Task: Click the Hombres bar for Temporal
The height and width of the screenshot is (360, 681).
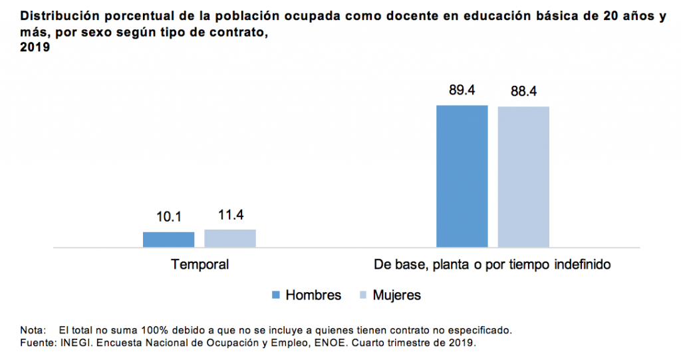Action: (x=168, y=240)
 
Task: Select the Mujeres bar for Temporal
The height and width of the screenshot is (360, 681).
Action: (x=229, y=238)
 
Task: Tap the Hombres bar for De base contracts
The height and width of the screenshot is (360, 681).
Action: (x=462, y=176)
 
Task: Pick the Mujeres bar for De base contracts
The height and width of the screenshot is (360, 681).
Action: (x=523, y=177)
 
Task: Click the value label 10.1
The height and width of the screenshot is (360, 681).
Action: (x=169, y=217)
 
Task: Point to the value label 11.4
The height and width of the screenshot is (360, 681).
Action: (x=230, y=215)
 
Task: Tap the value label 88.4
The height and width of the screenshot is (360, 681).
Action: (x=523, y=91)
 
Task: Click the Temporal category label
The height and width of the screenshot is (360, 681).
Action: (x=200, y=265)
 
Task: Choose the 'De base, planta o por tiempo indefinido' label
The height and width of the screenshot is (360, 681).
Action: (x=492, y=265)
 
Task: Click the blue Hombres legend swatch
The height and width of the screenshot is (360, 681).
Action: (x=276, y=295)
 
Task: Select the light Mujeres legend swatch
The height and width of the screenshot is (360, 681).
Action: (x=363, y=295)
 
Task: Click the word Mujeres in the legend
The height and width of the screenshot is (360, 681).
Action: (x=396, y=295)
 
